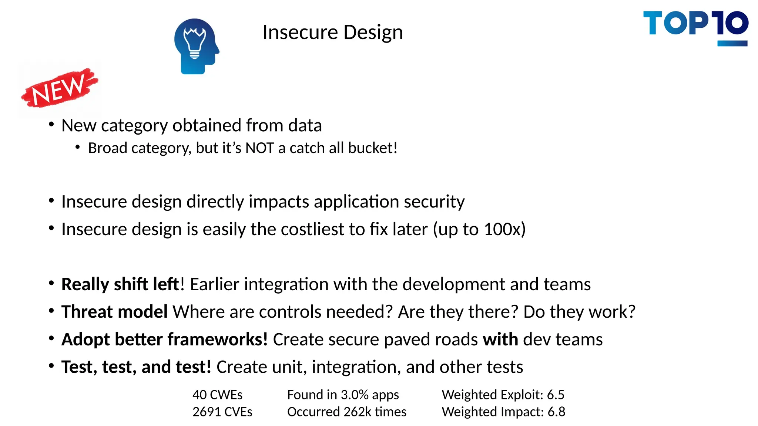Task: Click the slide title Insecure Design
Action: point(332,33)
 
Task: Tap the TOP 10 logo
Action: point(695,27)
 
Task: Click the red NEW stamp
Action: point(59,88)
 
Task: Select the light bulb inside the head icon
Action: point(195,42)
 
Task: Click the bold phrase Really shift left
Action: point(120,284)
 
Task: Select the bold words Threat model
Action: point(114,312)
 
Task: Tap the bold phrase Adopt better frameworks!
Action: point(164,339)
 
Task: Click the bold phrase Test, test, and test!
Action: point(136,367)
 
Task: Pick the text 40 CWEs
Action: point(217,395)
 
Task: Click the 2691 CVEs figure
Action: point(222,412)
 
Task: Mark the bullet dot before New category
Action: point(51,124)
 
